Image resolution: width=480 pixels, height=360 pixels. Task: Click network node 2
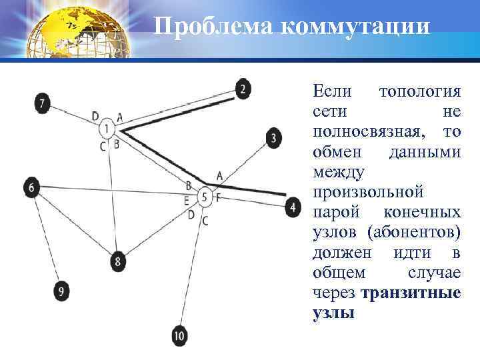(x=243, y=89)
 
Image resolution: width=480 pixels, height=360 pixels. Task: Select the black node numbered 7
(x=43, y=103)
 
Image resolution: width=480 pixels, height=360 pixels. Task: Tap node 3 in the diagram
(x=273, y=139)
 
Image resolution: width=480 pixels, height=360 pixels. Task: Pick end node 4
(x=292, y=207)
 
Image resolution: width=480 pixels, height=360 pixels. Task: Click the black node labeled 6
(x=31, y=188)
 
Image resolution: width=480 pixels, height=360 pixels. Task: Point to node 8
(x=118, y=261)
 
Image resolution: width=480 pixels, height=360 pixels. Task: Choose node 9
(x=62, y=291)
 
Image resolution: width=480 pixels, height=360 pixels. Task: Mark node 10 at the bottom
(x=179, y=335)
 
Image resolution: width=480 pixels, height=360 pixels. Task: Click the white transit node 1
(x=107, y=129)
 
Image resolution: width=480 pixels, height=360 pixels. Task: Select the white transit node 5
(x=205, y=197)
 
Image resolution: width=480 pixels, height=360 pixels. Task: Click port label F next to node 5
(x=218, y=198)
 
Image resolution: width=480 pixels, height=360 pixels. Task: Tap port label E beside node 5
(x=187, y=199)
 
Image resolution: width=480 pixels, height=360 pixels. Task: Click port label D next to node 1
(x=96, y=116)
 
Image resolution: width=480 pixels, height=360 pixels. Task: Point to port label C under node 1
(x=103, y=145)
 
